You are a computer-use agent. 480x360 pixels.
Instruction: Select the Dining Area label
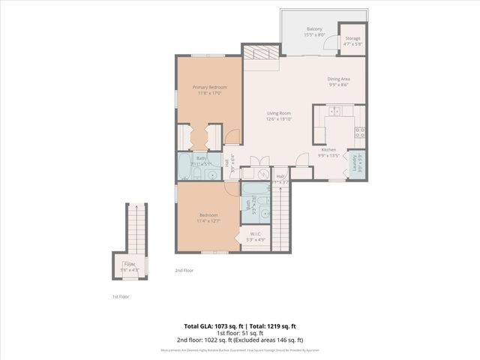tap(339, 79)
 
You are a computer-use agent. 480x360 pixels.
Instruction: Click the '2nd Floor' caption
tap(184, 270)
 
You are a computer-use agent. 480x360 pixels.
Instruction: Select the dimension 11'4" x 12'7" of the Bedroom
tap(208, 221)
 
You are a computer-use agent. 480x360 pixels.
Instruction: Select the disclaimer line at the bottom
tap(240, 350)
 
